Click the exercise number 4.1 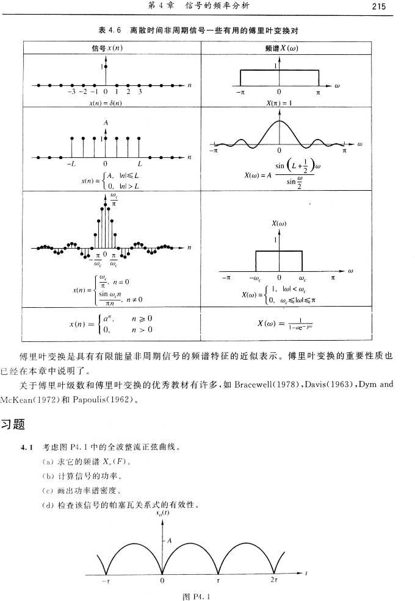click(x=26, y=449)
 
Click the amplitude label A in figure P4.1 click(x=170, y=539)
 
